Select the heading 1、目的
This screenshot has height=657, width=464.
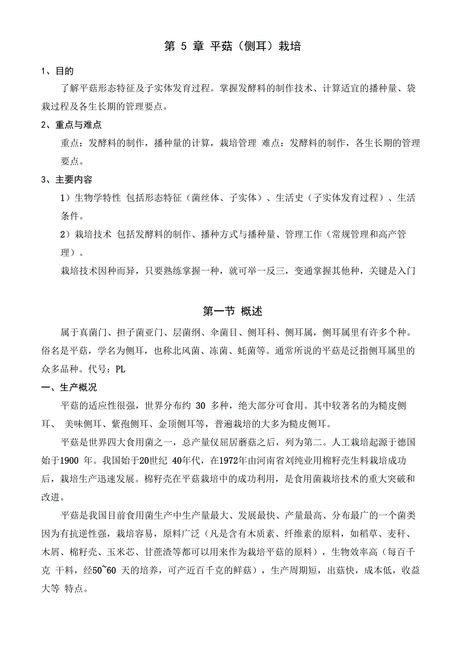(57, 71)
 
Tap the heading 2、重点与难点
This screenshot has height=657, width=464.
(71, 125)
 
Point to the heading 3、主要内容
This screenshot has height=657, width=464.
(67, 179)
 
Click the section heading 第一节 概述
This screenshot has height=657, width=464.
(232, 311)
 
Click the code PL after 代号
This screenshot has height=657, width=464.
(121, 369)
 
